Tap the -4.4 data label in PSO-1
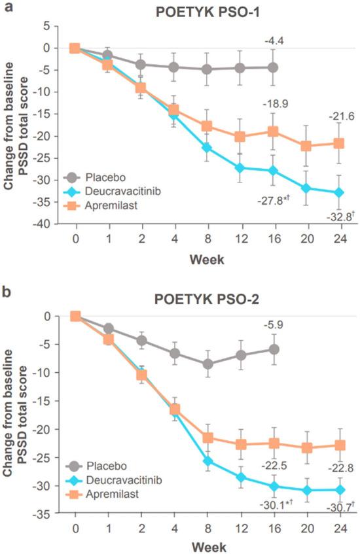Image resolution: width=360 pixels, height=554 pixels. [274, 43]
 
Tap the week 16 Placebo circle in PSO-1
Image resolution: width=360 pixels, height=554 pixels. [273, 67]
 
